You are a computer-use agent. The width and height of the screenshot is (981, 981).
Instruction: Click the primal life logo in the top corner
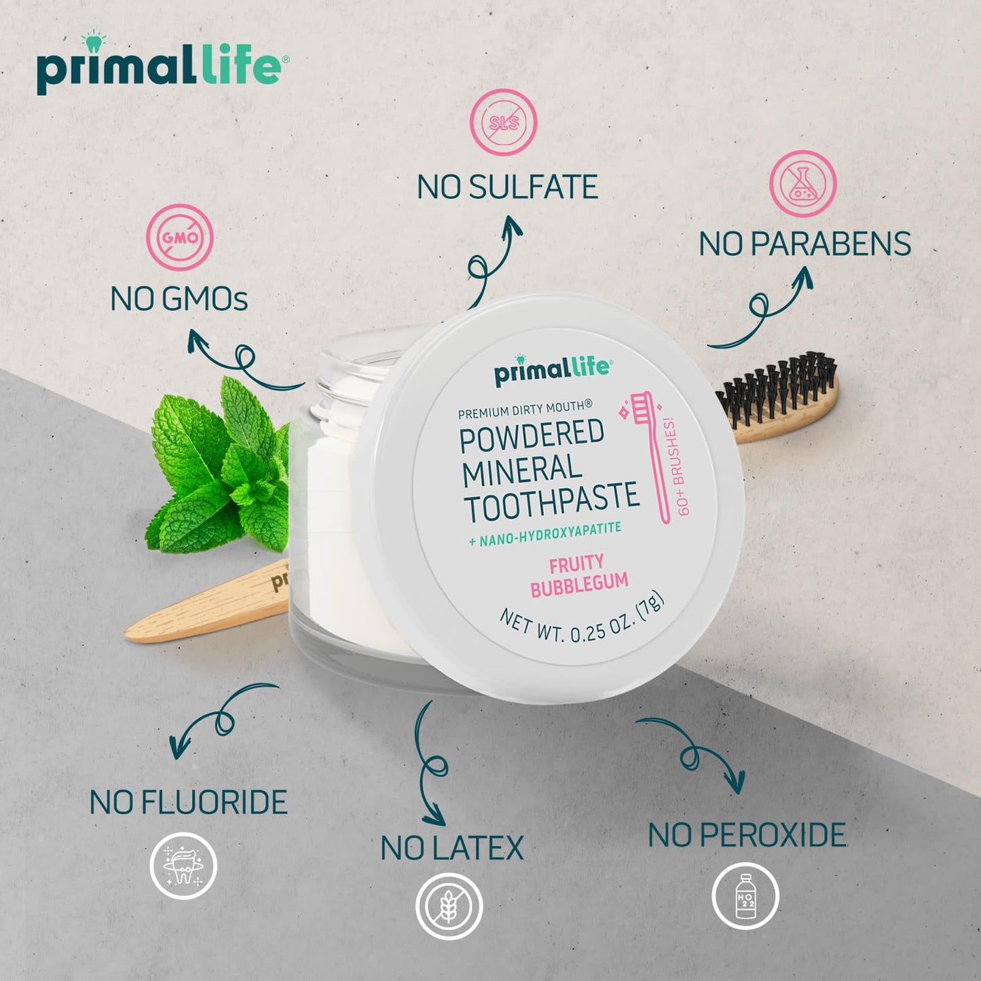160,65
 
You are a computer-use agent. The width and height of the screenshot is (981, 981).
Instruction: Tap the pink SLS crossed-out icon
504,122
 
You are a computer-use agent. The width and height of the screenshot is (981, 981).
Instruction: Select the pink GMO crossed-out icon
180,237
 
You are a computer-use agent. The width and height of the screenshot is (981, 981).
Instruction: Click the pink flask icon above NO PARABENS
802,184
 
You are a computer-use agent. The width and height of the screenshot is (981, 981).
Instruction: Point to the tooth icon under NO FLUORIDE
183,866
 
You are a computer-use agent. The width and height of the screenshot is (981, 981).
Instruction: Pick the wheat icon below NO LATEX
449,906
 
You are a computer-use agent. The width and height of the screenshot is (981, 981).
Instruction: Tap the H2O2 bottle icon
745,896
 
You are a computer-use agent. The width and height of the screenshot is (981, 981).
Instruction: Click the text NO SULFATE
507,187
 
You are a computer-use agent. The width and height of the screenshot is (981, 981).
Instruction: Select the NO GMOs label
179,299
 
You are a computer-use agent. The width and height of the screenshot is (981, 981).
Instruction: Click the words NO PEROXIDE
747,835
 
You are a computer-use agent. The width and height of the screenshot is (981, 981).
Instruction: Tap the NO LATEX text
452,849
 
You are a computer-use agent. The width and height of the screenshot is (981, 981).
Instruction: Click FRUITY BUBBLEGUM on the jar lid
578,575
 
